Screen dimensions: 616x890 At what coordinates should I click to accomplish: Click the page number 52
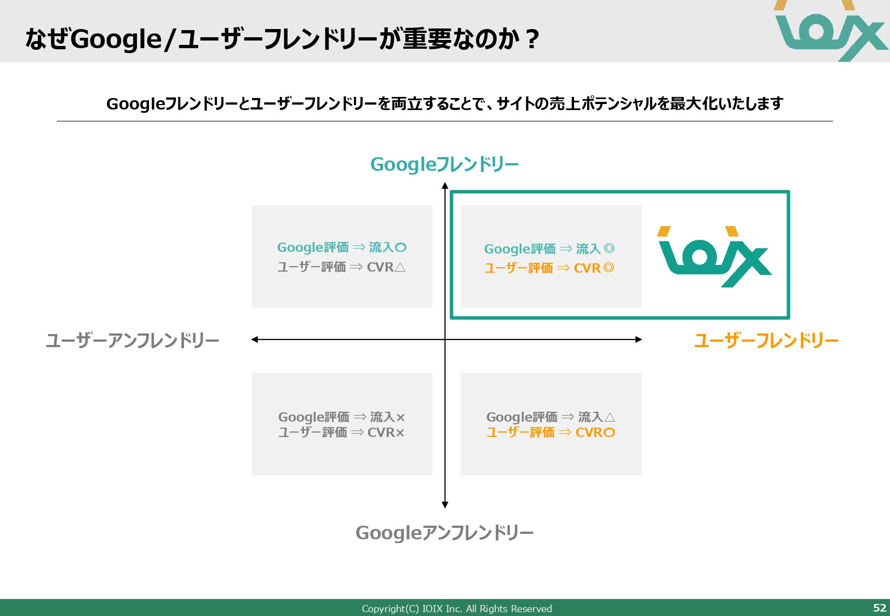coord(879,608)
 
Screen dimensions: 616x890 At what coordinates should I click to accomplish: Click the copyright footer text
coord(456,608)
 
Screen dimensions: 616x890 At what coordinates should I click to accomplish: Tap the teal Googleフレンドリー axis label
coord(444,164)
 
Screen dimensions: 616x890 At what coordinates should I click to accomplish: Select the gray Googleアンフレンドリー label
coord(444,533)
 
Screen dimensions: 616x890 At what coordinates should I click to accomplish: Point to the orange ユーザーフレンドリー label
coord(766,341)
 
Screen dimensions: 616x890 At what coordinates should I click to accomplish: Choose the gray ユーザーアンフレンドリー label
coord(133,341)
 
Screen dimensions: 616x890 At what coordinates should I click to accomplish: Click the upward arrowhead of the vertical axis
coord(445,186)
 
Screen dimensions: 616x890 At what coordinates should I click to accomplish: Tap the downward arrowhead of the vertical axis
coord(445,505)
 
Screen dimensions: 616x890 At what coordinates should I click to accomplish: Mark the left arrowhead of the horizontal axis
coord(255,339)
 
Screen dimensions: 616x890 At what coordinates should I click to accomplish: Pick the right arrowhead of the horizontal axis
coord(639,339)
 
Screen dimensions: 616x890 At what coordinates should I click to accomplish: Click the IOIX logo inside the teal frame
coord(714,256)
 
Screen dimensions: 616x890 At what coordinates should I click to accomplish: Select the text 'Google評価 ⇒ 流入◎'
coord(549,249)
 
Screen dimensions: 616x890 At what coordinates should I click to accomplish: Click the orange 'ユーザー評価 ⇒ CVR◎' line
coord(549,268)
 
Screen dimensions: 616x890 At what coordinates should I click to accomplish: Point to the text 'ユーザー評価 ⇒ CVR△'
coord(341,267)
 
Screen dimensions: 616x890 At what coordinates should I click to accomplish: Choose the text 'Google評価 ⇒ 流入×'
coord(341,417)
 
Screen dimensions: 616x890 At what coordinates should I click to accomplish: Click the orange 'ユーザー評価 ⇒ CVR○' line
coord(550,433)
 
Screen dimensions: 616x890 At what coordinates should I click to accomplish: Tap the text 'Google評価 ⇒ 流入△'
coord(550,417)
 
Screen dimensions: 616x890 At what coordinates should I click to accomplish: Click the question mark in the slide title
coord(531,40)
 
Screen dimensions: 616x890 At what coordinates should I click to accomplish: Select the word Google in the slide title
coord(116,39)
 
